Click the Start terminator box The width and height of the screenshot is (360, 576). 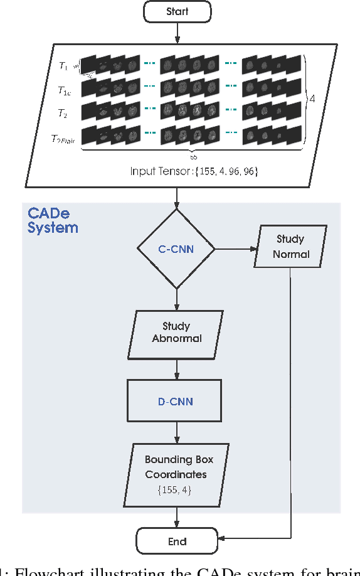pyautogui.click(x=177, y=12)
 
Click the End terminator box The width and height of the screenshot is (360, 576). pyautogui.click(x=177, y=541)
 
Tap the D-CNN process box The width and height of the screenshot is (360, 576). pyautogui.click(x=177, y=400)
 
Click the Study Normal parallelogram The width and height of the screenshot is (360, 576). pyautogui.click(x=290, y=247)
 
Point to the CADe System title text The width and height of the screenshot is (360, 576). pyautogui.click(x=53, y=220)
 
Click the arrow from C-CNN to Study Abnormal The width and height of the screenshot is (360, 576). pyautogui.click(x=177, y=301)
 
